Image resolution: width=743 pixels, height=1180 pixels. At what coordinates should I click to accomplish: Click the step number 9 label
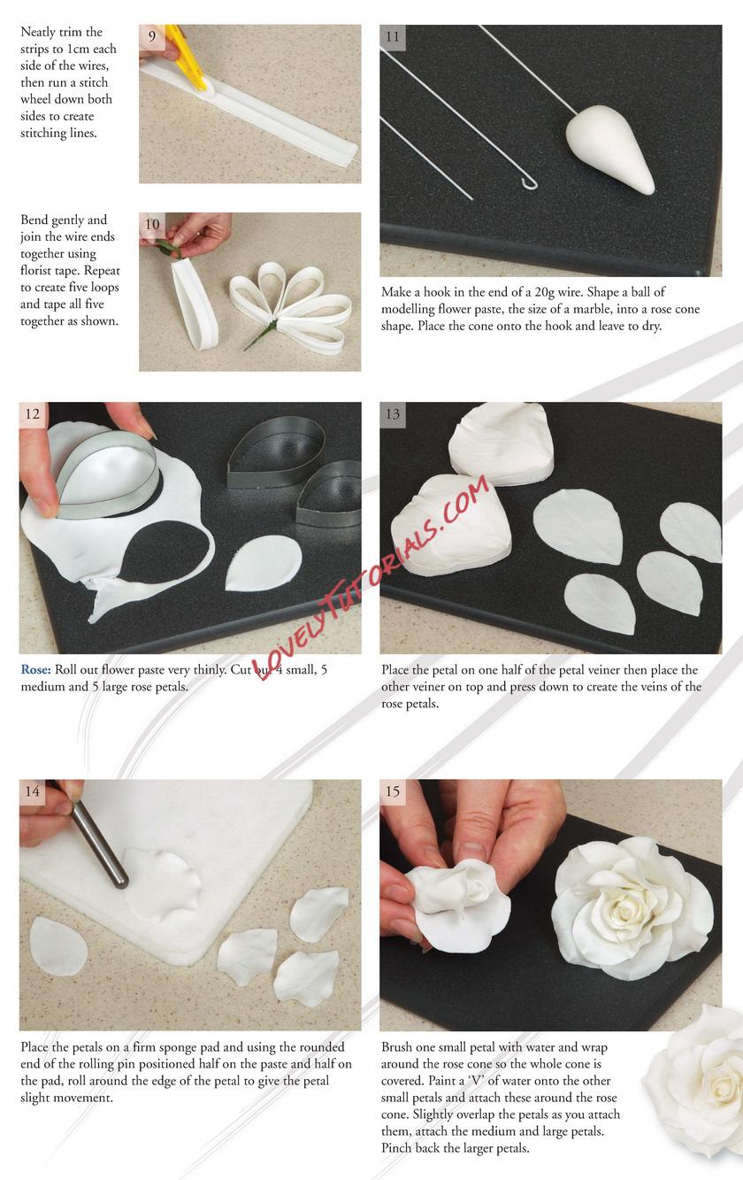[152, 36]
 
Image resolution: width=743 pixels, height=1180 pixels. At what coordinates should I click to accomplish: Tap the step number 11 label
[393, 37]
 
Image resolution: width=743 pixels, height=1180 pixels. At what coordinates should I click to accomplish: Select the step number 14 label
[32, 791]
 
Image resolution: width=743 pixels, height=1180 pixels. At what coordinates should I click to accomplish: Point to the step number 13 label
[393, 414]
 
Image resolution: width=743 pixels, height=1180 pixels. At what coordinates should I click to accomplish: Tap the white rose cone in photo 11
[611, 148]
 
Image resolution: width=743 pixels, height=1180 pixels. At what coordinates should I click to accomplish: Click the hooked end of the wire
[529, 182]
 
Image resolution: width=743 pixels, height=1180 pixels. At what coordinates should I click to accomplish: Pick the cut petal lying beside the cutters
[264, 563]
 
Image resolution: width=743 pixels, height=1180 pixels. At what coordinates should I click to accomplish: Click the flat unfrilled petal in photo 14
[57, 945]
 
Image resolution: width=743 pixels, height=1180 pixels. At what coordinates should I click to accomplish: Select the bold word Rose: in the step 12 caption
[35, 669]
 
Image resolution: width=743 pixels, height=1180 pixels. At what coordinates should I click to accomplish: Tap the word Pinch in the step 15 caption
[398, 1147]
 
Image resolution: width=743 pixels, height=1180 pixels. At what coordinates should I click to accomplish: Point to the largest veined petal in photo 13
[578, 525]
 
